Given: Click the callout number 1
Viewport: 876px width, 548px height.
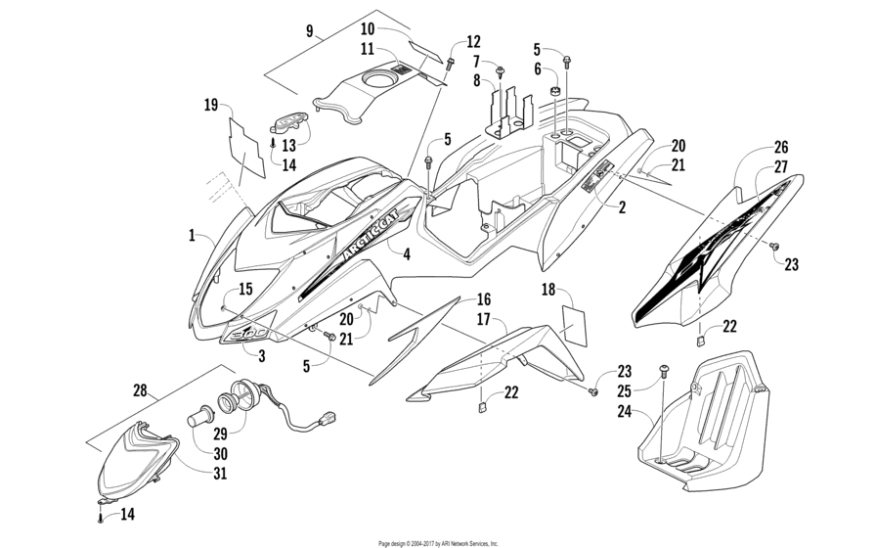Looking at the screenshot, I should pyautogui.click(x=194, y=236).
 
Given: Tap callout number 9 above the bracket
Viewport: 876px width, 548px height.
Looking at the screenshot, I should pyautogui.click(x=310, y=31).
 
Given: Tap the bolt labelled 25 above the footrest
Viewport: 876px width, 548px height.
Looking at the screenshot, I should pyautogui.click(x=666, y=371).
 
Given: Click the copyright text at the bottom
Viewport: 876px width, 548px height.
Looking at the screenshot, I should pyautogui.click(x=438, y=542).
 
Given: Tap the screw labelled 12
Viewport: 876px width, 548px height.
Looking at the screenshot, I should pyautogui.click(x=450, y=63).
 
